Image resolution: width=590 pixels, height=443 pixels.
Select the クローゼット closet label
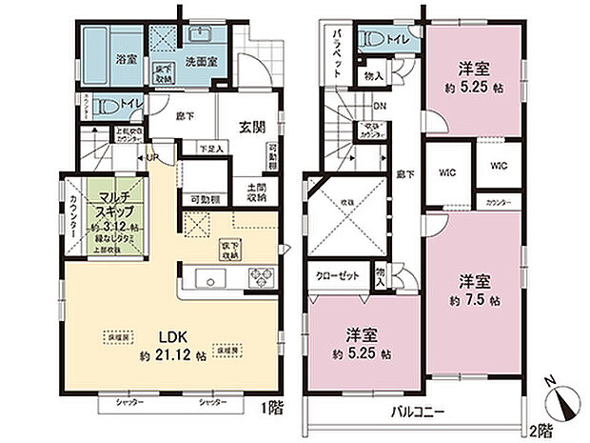(336, 274)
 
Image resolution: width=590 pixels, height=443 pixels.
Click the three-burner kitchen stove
(260, 279)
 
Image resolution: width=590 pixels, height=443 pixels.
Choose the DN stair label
(380, 107)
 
